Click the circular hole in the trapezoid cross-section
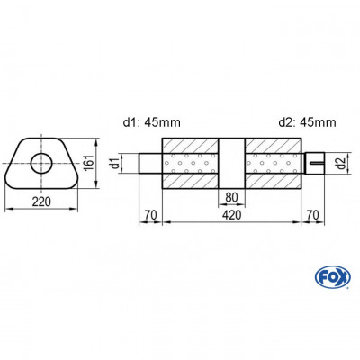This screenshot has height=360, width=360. (x=41, y=163)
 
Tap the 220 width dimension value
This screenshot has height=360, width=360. (x=41, y=201)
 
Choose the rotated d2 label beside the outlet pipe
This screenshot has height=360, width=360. (x=337, y=164)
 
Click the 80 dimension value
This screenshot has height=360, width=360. (x=232, y=199)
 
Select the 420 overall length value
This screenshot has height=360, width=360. (x=232, y=217)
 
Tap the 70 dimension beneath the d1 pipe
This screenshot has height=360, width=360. (x=150, y=217)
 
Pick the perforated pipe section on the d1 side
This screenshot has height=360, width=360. (x=191, y=164)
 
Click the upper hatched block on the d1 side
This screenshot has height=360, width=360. (x=191, y=146)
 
